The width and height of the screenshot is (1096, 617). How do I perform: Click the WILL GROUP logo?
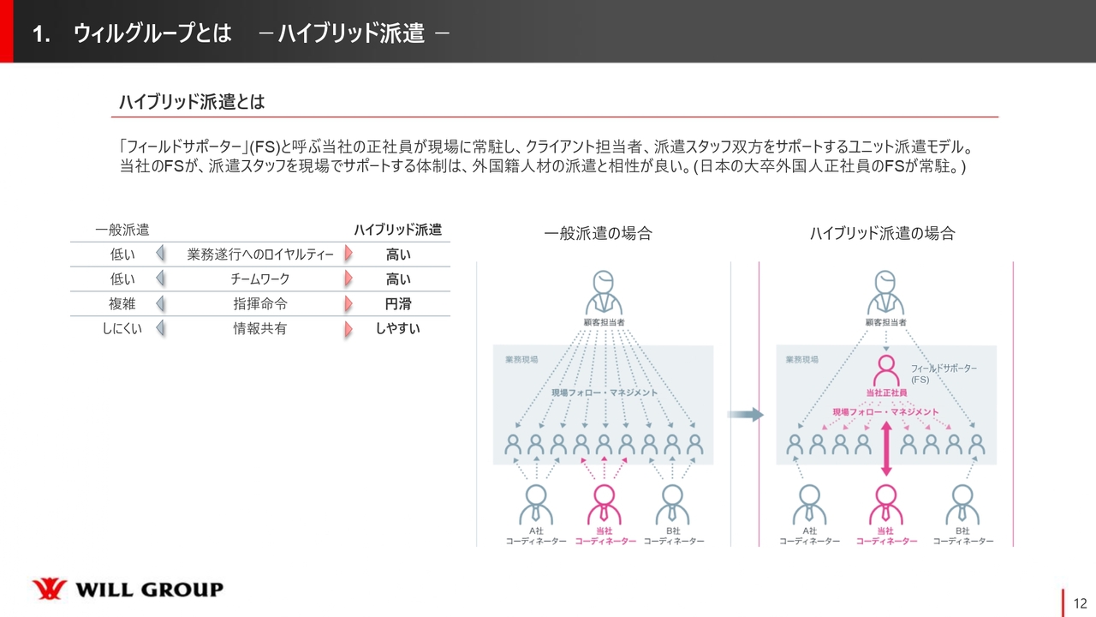[x=128, y=590]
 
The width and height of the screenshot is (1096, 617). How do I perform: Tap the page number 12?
[x=1080, y=602]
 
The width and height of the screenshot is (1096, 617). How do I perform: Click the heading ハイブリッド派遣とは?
[x=192, y=103]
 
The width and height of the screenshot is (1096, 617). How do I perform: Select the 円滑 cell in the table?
[x=398, y=303]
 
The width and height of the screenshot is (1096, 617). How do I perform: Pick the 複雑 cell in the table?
[x=122, y=303]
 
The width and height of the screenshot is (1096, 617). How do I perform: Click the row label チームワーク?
[x=260, y=279]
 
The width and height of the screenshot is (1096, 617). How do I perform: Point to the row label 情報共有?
[x=260, y=328]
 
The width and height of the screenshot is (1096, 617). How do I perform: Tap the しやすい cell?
[x=398, y=328]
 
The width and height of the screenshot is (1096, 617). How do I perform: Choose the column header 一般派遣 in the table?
[x=122, y=230]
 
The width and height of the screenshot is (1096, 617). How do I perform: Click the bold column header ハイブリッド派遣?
[x=398, y=230]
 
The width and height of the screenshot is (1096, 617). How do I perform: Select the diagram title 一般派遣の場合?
[x=598, y=233]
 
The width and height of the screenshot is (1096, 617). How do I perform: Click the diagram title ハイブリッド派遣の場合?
[x=882, y=233]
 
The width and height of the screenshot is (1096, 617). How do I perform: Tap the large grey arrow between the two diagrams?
[x=745, y=415]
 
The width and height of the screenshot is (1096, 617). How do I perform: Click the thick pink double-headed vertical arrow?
[x=886, y=452]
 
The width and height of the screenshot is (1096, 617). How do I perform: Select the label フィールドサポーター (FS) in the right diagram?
[x=943, y=373]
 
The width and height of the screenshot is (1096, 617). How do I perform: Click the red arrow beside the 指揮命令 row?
[x=348, y=303]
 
